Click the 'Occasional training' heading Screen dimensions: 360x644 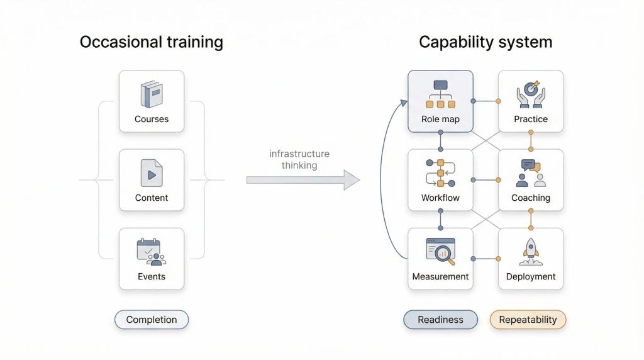[x=151, y=42]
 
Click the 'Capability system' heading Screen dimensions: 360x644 [x=485, y=42]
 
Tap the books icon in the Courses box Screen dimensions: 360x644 [x=152, y=94]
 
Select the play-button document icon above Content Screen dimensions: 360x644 [x=152, y=173]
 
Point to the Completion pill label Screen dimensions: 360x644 [x=152, y=320]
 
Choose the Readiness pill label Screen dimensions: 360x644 [x=440, y=320]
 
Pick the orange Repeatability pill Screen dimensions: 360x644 [x=528, y=320]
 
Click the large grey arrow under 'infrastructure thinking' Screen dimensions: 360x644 [x=303, y=180]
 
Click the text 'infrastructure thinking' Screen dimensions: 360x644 [x=299, y=159]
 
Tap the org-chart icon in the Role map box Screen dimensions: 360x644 [x=440, y=94]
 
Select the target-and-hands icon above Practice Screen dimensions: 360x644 [x=531, y=94]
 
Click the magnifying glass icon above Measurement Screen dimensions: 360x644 [x=440, y=251]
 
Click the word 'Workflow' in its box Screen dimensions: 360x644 [x=440, y=198]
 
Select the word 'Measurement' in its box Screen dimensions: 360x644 [x=440, y=276]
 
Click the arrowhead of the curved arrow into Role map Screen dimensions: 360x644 [x=402, y=101]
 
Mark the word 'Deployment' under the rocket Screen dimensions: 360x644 [x=531, y=276]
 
